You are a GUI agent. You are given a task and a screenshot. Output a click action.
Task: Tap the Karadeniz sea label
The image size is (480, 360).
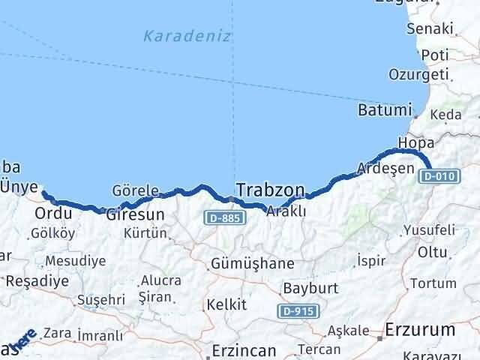tap(187, 36)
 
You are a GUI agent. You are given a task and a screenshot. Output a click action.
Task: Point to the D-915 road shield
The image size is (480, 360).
tap(298, 310)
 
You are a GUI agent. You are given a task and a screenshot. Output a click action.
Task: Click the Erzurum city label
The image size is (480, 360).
tap(420, 329)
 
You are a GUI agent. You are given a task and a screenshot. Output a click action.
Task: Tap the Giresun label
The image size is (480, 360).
tap(129, 214)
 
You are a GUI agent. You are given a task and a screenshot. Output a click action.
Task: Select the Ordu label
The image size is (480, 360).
tap(53, 214)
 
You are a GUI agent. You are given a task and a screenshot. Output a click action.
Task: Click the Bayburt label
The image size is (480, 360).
tap(310, 288)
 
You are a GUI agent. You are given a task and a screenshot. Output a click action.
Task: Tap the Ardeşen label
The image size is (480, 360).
tap(385, 168)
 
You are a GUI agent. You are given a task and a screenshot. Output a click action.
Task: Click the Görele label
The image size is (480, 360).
tap(135, 190)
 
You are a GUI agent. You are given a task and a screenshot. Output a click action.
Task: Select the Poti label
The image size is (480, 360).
tap(435, 55)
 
